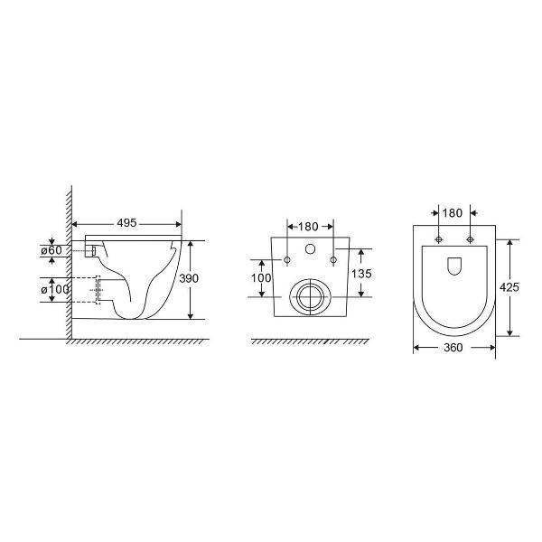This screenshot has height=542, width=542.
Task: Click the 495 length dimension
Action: [126, 223]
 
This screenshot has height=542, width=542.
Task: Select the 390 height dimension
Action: [189, 278]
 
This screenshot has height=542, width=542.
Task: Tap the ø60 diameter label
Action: [51, 250]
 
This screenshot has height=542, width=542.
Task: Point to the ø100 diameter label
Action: [55, 289]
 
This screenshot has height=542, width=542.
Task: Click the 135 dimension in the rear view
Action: [361, 274]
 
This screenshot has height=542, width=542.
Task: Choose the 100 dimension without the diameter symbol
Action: [261, 277]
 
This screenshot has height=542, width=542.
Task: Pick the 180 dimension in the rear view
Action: [308, 227]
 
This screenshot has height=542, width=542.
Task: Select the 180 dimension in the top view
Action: [453, 213]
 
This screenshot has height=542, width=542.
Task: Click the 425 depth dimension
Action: [509, 287]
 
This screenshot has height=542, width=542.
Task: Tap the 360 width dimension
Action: [453, 348]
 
